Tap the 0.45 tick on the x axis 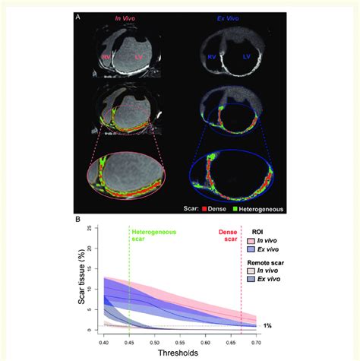point(131,344)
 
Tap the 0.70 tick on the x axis point(256,344)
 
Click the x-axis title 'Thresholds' point(181,354)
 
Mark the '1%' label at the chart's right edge point(267,325)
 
